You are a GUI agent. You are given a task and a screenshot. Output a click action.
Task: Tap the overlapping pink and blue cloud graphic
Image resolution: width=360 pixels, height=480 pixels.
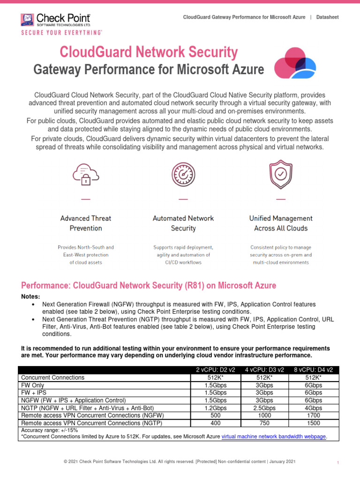(x=291, y=64)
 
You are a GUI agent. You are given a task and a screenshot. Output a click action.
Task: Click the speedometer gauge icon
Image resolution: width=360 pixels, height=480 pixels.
(x=183, y=175)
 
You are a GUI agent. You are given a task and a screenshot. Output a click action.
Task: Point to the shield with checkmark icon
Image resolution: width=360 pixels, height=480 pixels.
(x=281, y=175)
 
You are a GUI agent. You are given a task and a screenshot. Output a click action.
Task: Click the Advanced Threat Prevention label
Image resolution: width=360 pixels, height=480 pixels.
(x=86, y=223)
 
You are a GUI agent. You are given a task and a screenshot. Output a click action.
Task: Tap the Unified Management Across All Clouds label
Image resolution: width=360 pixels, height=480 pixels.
(x=281, y=223)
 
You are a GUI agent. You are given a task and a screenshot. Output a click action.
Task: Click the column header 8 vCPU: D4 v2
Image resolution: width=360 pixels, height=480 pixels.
(x=313, y=370)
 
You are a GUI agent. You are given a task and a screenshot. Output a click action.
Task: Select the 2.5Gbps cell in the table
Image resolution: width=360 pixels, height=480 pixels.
(x=264, y=408)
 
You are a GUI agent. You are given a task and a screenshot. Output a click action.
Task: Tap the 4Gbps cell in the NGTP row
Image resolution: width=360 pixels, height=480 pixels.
(x=313, y=408)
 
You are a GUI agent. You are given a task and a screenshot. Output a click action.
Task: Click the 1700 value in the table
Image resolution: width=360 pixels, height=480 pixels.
(x=313, y=415)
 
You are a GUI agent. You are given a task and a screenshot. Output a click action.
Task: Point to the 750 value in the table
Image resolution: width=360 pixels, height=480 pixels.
(x=264, y=423)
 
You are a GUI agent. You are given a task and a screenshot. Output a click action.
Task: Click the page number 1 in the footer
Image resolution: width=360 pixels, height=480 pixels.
(x=337, y=463)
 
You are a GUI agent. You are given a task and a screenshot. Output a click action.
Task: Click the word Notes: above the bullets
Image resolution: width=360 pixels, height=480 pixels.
(x=31, y=297)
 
